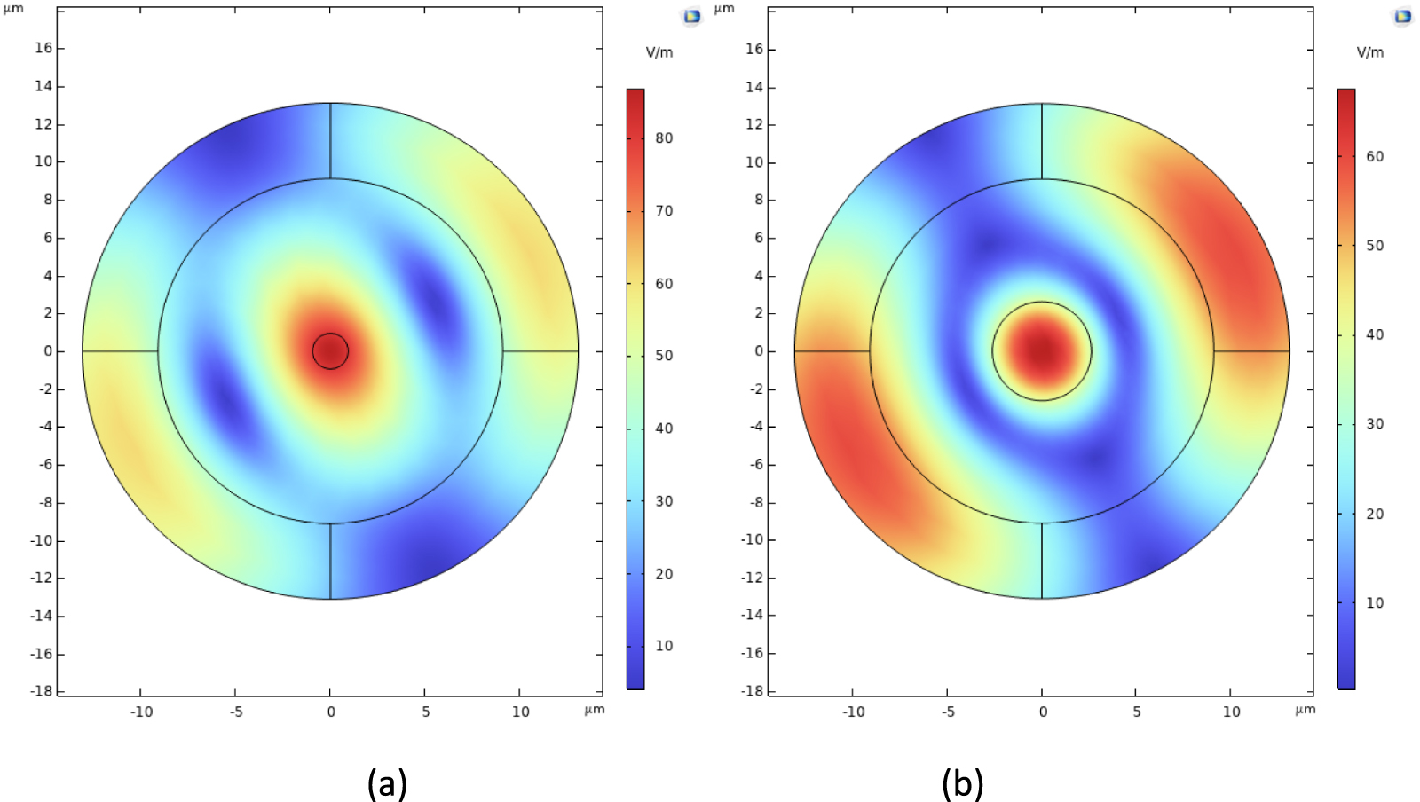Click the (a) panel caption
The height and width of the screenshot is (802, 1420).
click(387, 783)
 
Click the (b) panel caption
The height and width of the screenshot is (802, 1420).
click(962, 783)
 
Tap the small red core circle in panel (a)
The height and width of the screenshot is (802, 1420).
click(330, 351)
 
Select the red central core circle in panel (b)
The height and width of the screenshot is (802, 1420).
click(1042, 351)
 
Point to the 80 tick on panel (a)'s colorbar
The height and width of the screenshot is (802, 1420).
click(664, 138)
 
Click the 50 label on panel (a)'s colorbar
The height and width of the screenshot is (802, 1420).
click(664, 356)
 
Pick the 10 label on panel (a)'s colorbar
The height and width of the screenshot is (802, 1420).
click(664, 646)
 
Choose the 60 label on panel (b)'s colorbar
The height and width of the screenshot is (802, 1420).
click(1375, 157)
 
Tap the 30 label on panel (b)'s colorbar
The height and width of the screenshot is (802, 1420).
click(1375, 424)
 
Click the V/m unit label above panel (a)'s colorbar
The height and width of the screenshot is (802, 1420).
click(659, 52)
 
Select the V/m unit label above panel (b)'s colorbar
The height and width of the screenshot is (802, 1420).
click(1370, 52)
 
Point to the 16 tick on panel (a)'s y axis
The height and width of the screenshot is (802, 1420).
click(43, 48)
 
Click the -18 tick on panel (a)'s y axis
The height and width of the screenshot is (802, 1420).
click(42, 690)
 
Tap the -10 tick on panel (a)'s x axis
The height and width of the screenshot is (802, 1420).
click(141, 712)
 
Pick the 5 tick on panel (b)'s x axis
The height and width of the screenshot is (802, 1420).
click(1137, 712)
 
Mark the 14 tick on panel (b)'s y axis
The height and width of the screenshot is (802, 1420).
click(754, 87)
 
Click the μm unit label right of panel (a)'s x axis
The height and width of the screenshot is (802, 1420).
click(595, 709)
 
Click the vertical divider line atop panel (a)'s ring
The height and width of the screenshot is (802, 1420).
click(330, 141)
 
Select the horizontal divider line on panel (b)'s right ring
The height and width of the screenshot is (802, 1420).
click(1251, 351)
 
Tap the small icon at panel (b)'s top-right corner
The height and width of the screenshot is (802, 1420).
click(1403, 16)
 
